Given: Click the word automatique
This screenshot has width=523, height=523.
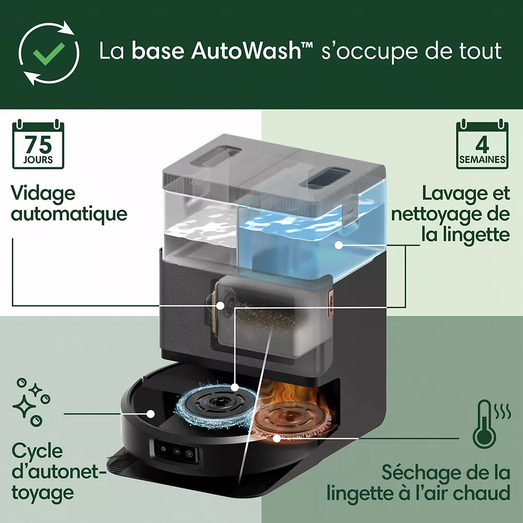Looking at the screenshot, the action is (x=69, y=214).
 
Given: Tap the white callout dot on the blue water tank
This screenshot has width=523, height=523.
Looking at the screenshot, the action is (x=339, y=245).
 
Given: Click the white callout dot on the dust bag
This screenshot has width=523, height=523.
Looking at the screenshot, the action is (x=220, y=305).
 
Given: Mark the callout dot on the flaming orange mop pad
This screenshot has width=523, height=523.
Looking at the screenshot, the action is (x=276, y=438).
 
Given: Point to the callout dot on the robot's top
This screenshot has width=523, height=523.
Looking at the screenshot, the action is (x=151, y=414).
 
